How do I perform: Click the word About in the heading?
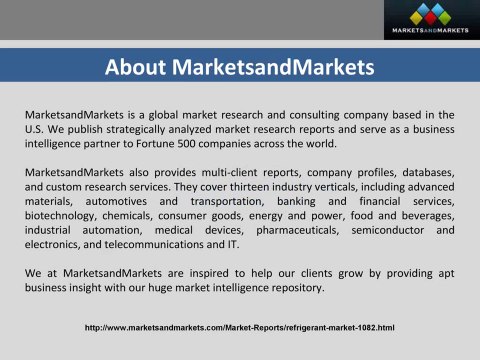click(139, 68)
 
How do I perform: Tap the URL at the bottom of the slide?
click(240, 327)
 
